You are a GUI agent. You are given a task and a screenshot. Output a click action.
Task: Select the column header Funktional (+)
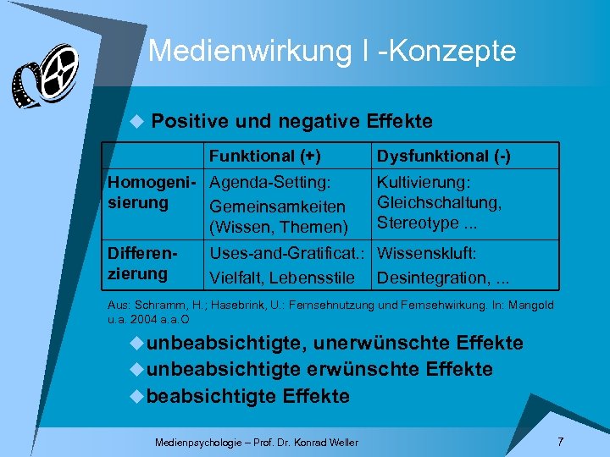(x=265, y=157)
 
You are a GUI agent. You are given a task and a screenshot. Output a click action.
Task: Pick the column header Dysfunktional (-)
(x=443, y=157)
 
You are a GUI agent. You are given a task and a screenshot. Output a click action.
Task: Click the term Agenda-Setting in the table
(x=269, y=183)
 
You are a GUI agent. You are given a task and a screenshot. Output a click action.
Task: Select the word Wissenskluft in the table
(x=427, y=253)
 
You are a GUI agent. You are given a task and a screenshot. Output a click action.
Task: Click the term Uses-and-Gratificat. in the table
(x=287, y=253)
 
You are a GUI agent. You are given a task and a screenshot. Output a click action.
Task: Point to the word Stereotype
(x=416, y=223)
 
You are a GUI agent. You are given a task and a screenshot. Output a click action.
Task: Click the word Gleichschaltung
(x=439, y=203)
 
